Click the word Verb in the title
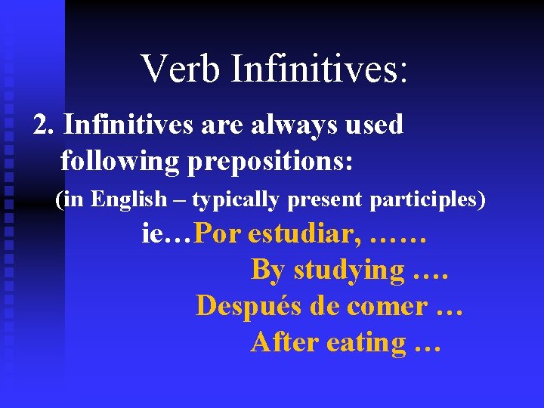point(181,68)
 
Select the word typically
point(236,200)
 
